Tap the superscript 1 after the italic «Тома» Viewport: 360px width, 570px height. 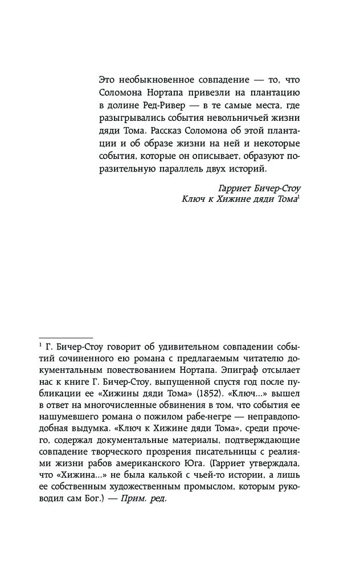(x=298, y=197)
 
